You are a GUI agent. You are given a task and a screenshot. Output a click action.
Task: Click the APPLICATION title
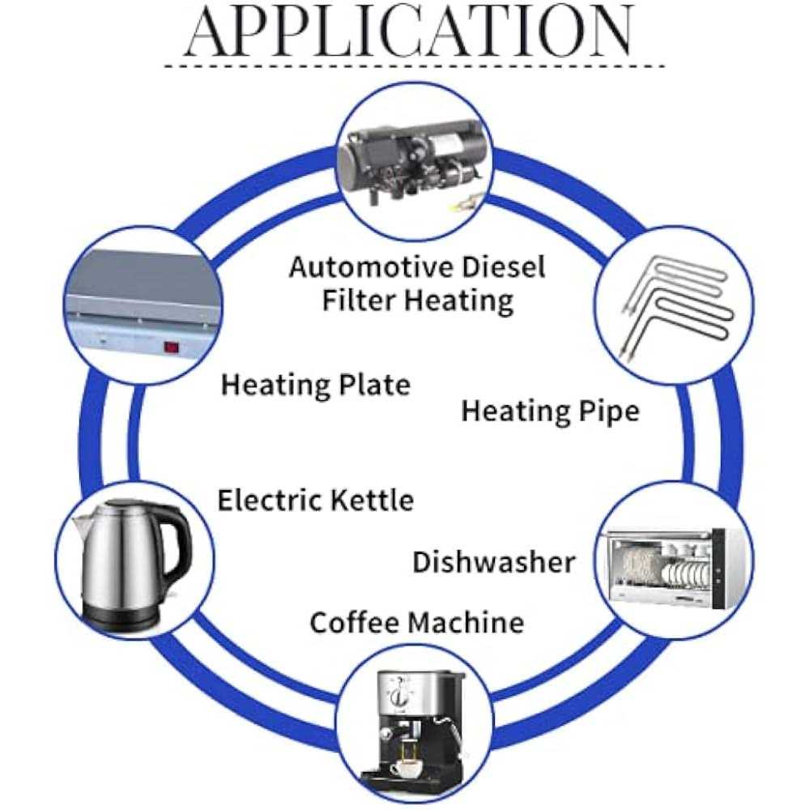[x=409, y=32]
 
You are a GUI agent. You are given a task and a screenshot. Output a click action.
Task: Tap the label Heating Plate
[x=316, y=384]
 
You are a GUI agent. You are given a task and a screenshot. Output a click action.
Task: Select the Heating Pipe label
[x=550, y=411]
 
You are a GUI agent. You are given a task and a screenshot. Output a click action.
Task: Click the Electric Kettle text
[x=315, y=500]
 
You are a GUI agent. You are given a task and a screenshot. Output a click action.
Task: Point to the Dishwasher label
[x=493, y=561]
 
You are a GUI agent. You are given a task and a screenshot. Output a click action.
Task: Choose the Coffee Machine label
[x=416, y=623]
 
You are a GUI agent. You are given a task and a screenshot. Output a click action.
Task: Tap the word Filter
[x=360, y=301]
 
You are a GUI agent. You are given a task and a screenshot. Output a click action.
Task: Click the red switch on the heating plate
[x=171, y=348]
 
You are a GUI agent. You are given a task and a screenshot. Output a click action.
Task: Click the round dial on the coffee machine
[x=398, y=698]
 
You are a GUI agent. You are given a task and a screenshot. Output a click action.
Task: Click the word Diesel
[x=504, y=266]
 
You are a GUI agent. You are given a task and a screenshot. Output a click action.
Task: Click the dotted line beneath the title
[x=413, y=66]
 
